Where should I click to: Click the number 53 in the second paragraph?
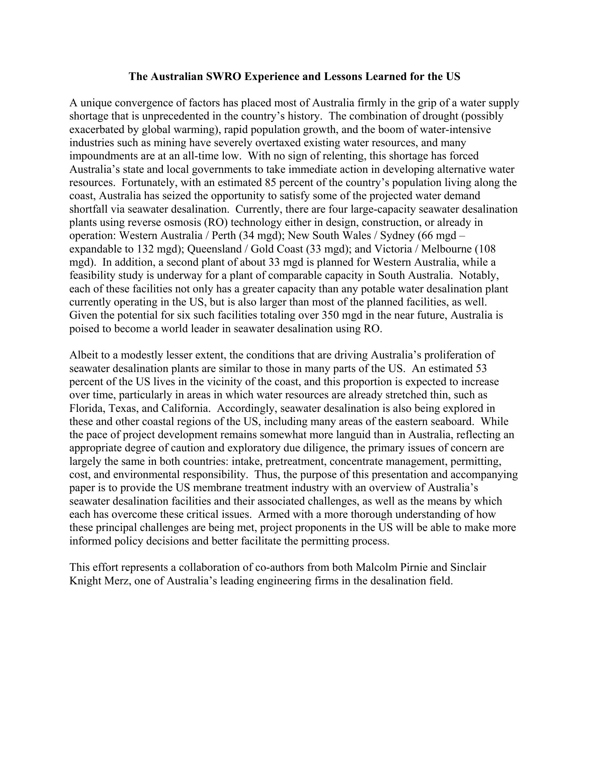(x=481, y=368)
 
